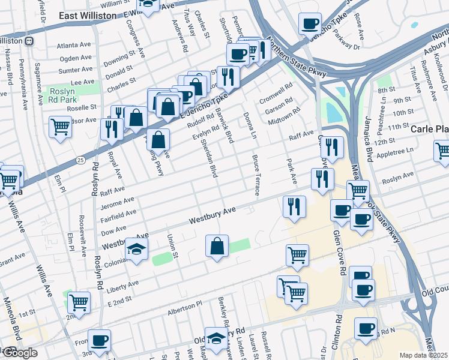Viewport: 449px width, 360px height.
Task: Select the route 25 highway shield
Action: point(80,160)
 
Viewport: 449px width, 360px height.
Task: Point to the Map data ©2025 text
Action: point(423,355)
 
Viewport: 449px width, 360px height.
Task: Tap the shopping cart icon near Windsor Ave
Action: point(61,127)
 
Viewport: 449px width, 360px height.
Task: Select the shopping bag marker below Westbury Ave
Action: point(217,245)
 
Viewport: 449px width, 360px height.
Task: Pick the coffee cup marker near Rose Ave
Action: point(310,24)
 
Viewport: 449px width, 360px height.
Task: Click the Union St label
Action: point(172,246)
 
